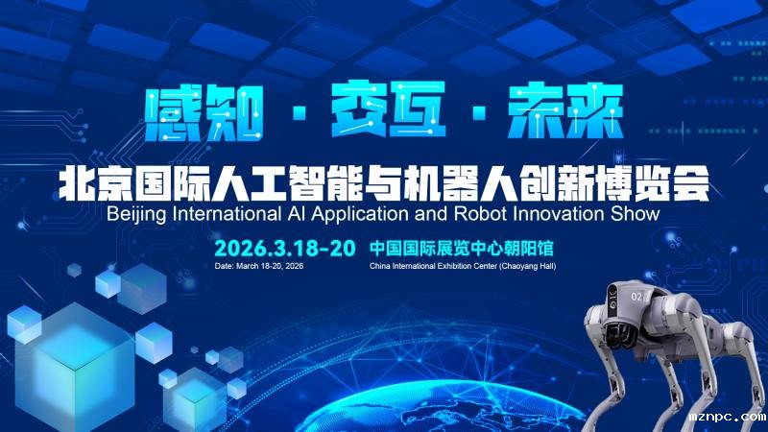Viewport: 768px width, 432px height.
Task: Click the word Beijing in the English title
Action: click(136, 214)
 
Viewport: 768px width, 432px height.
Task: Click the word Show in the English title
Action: click(636, 214)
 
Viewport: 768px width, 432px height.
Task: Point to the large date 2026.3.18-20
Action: click(284, 249)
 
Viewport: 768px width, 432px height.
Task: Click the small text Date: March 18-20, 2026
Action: click(258, 266)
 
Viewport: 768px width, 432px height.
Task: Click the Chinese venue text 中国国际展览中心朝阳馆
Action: click(462, 249)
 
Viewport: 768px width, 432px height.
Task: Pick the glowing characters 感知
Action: click(204, 112)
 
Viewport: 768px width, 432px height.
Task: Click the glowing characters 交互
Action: click(388, 109)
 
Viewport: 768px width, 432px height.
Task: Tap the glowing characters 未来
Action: click(565, 111)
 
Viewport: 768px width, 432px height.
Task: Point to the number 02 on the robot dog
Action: click(636, 297)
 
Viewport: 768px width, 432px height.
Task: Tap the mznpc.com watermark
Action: click(728, 418)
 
